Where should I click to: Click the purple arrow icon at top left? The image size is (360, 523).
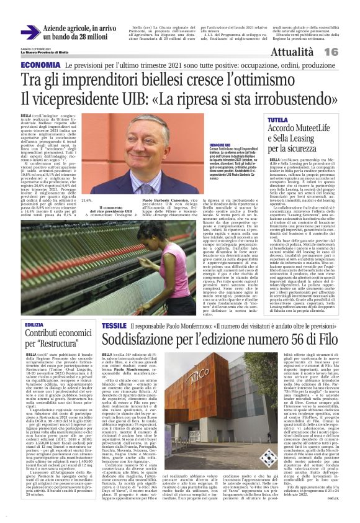pos(30,32)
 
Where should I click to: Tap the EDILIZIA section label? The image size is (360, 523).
pos(34,325)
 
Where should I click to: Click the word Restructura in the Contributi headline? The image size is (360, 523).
pos(60,348)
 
